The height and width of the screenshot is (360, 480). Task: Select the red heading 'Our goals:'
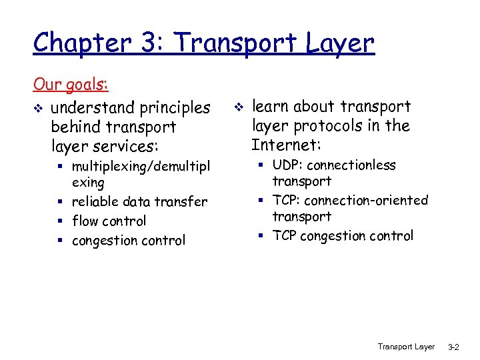pyautogui.click(x=71, y=85)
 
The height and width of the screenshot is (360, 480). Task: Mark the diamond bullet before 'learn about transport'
pyautogui.click(x=239, y=107)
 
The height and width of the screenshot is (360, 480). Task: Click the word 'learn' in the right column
pyautogui.click(x=270, y=106)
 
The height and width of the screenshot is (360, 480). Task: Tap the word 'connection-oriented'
pyautogui.click(x=366, y=200)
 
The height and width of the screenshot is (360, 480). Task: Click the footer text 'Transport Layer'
pyautogui.click(x=406, y=347)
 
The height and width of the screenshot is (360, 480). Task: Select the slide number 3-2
pyautogui.click(x=453, y=347)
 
